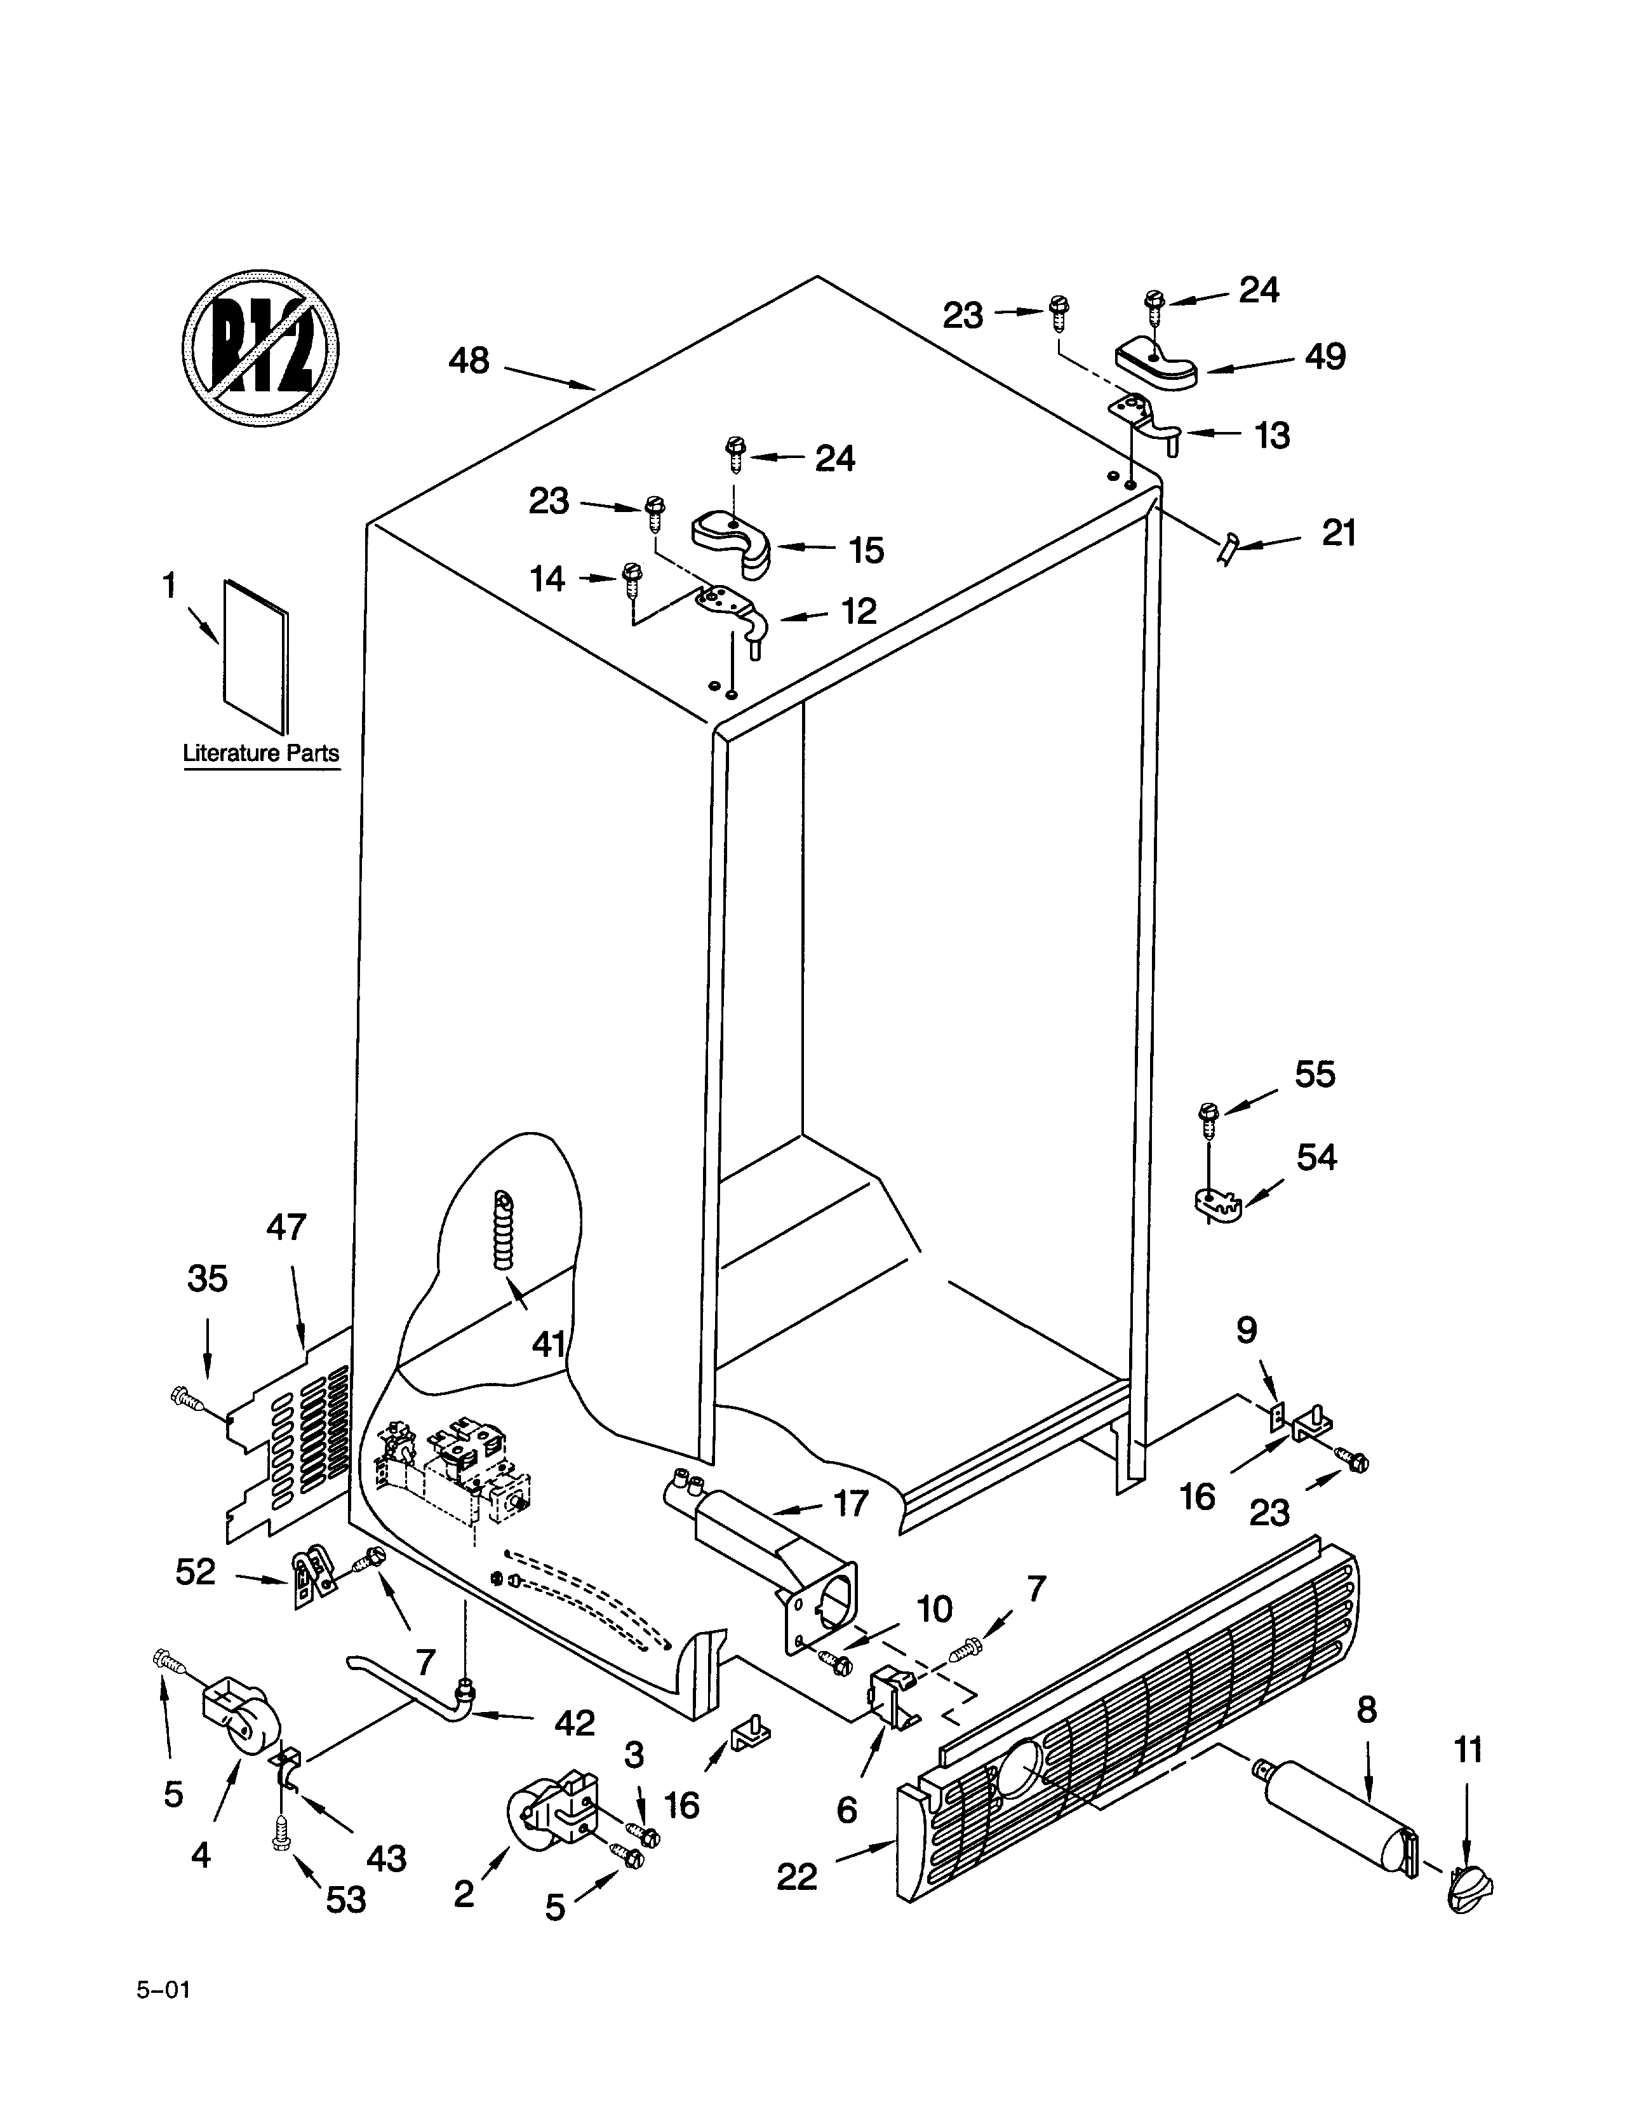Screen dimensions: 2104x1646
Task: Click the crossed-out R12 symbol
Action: pos(260,348)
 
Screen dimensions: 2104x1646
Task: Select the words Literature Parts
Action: pos(261,753)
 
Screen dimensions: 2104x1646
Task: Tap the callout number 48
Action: pos(469,361)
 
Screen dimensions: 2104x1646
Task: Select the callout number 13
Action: pos(1272,436)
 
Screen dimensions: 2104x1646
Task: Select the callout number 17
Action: pos(850,1502)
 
